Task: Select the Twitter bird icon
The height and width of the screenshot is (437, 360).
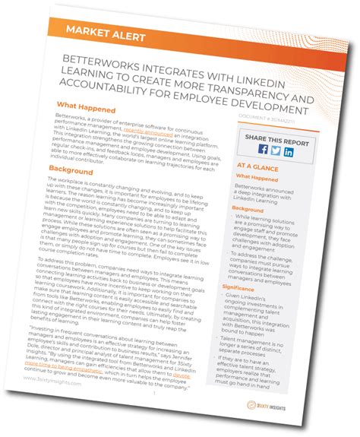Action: (274, 150)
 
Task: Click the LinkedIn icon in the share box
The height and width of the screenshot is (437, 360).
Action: (289, 151)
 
